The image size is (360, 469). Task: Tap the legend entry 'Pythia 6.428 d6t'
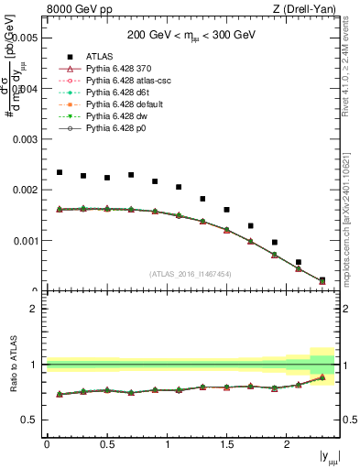click(120, 93)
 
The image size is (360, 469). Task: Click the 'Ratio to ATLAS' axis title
click(13, 365)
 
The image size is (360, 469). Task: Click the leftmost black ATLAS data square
click(60, 172)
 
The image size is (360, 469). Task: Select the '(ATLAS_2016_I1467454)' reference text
click(191, 274)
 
